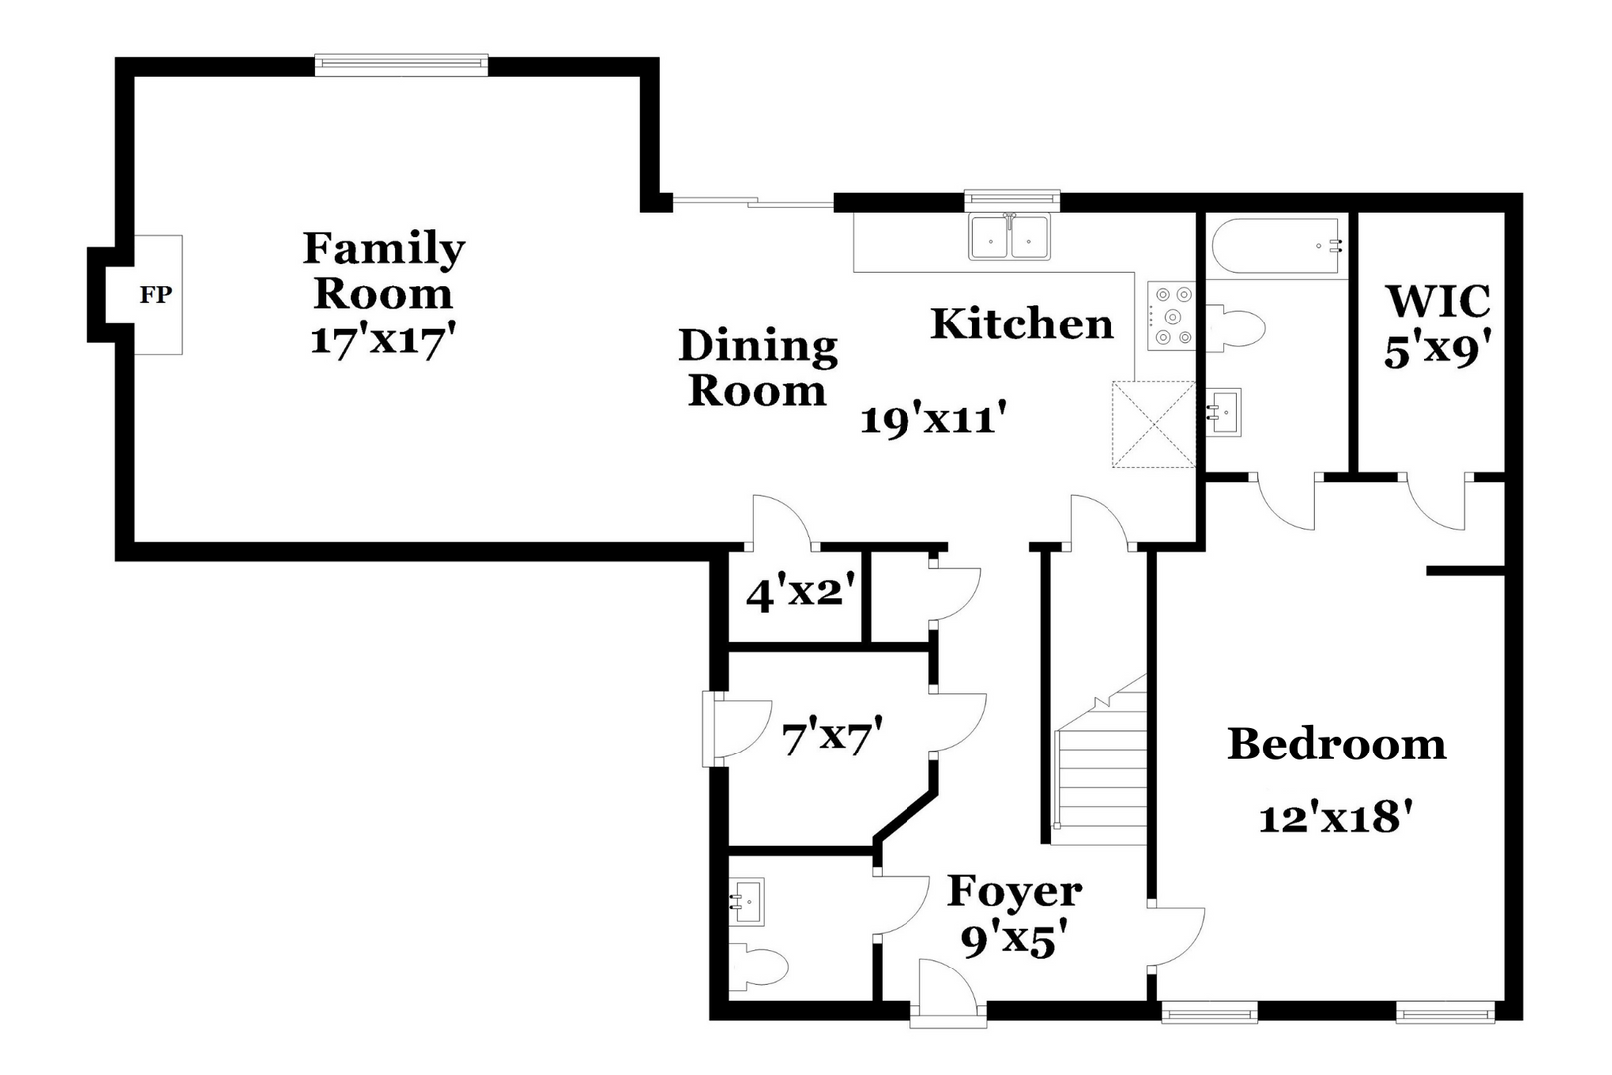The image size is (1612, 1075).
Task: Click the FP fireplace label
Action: pyautogui.click(x=155, y=295)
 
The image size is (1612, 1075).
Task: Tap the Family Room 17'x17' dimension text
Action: pyautogui.click(x=383, y=340)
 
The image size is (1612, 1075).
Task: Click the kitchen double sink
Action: pyautogui.click(x=1010, y=238)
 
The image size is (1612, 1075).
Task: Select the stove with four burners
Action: pyautogui.click(x=1171, y=317)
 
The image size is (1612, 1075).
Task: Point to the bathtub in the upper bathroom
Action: pyautogui.click(x=1278, y=245)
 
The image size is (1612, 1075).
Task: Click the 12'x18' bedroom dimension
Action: pyautogui.click(x=1336, y=818)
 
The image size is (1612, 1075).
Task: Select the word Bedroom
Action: pyautogui.click(x=1336, y=745)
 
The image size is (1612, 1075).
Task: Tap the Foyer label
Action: pyautogui.click(x=1014, y=892)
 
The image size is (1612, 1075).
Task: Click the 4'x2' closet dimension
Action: pyautogui.click(x=801, y=594)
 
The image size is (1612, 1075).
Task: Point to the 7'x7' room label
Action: pyautogui.click(x=832, y=739)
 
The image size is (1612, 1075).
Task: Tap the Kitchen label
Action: pyautogui.click(x=1022, y=324)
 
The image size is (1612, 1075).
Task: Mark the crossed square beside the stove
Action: pyautogui.click(x=1153, y=424)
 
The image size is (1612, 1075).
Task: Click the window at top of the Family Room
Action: pyautogui.click(x=401, y=65)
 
